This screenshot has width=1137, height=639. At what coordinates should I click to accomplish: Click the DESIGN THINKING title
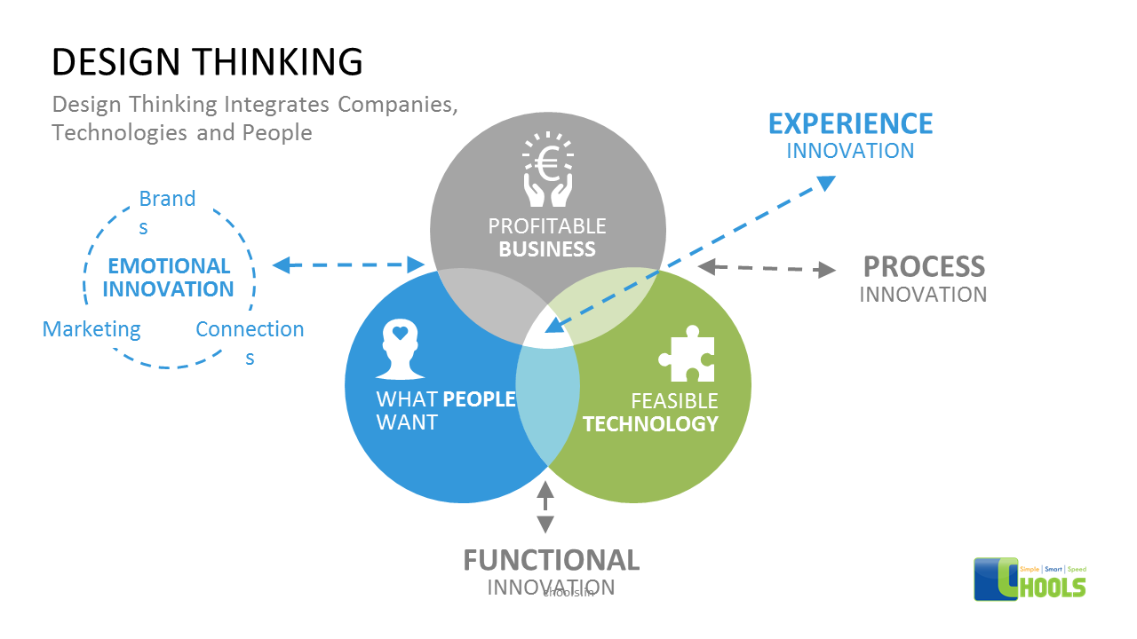pos(207,62)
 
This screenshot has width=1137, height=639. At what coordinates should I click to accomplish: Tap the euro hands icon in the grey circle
pos(547,170)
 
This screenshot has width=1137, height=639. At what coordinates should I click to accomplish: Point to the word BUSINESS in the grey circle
pos(547,249)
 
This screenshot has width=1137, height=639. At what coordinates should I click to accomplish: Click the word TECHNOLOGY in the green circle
pos(650,424)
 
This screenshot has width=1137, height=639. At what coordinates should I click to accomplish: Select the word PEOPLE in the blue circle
pos(479,399)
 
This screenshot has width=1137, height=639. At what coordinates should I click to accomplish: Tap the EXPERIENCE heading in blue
pos(850,123)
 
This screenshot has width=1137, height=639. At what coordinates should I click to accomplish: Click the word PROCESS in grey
pos(924,266)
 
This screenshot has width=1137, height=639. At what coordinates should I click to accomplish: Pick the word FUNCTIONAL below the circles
pos(551,560)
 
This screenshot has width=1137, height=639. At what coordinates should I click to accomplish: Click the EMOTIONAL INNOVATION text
pos(168,278)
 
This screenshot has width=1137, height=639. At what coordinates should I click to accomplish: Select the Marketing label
pos(91,329)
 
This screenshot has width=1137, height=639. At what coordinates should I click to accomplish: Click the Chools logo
pos(1030,579)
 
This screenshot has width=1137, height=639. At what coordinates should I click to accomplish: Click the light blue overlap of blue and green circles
pos(547,404)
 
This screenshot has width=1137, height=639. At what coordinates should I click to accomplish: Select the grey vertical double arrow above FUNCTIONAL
pos(545,507)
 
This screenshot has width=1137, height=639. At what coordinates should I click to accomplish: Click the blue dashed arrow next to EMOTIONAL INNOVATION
pos(348,264)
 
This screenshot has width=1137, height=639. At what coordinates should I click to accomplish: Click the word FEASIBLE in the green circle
pos(673,400)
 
